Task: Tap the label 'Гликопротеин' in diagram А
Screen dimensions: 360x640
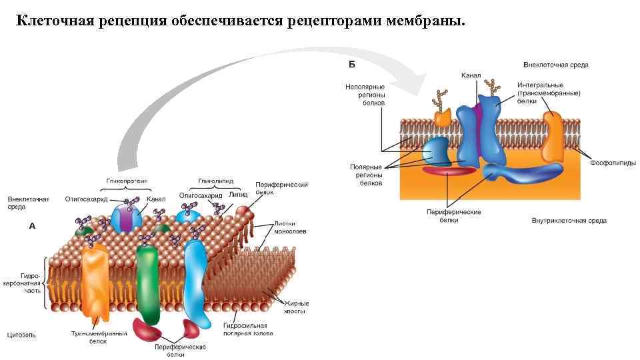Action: (127, 181)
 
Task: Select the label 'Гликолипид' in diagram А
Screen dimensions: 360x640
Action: (215, 181)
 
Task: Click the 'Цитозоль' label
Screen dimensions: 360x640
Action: (21, 335)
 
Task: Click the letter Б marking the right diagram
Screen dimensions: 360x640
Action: (353, 65)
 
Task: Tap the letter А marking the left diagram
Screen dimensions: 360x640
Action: (32, 226)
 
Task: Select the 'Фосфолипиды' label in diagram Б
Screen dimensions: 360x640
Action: (613, 163)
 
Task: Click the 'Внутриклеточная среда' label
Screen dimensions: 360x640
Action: (569, 221)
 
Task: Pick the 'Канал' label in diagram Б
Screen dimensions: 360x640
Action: (471, 76)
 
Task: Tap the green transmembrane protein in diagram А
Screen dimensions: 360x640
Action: (146, 283)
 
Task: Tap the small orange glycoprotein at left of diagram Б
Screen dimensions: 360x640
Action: (443, 117)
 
